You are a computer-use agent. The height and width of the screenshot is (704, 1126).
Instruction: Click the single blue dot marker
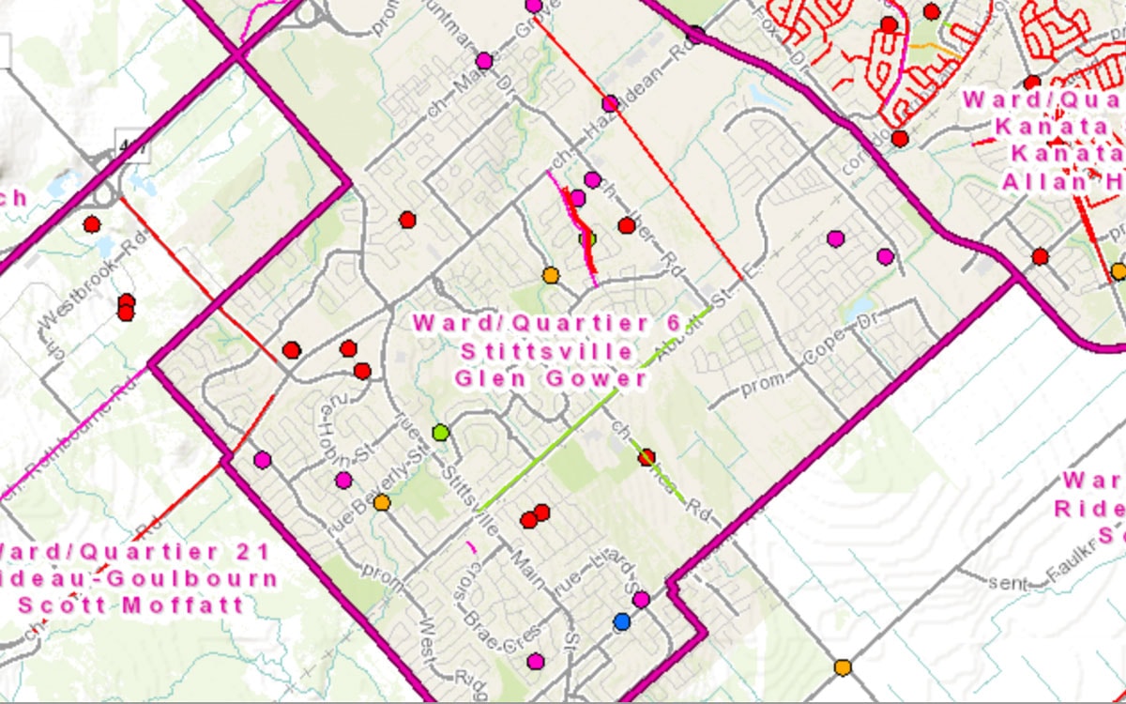pyautogui.click(x=621, y=621)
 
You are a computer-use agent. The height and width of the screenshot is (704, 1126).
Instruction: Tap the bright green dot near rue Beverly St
pyautogui.click(x=441, y=433)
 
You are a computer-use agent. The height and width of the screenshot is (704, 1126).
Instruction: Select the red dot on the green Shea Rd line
pyautogui.click(x=647, y=457)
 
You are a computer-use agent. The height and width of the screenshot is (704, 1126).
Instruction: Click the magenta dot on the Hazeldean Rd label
pyautogui.click(x=610, y=103)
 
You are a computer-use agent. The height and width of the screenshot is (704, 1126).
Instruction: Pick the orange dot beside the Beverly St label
pyautogui.click(x=382, y=503)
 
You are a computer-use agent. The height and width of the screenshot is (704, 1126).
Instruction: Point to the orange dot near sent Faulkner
pyautogui.click(x=843, y=666)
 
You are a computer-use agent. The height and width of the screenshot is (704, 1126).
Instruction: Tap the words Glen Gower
pyautogui.click(x=551, y=379)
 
